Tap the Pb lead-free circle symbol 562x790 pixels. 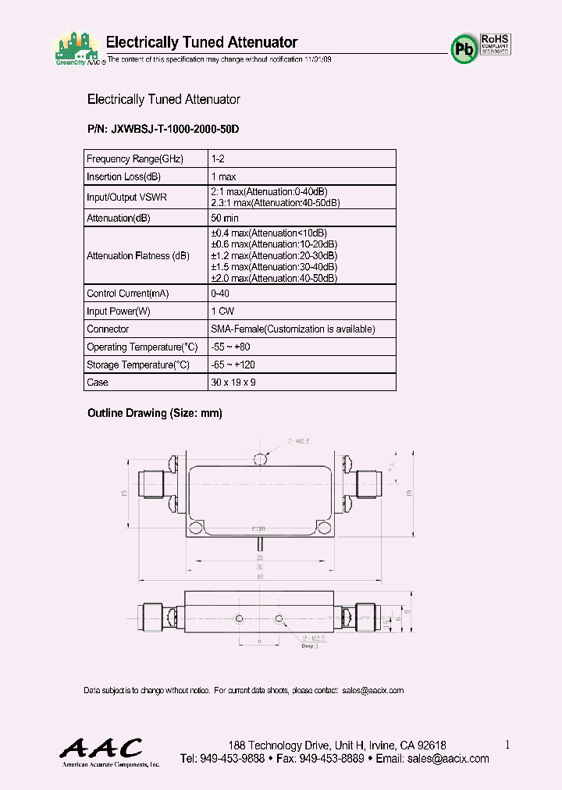463,48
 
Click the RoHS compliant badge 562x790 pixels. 495,44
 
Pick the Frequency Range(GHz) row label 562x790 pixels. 135,158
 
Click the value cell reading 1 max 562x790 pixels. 224,176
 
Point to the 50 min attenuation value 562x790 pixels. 226,218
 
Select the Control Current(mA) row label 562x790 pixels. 127,294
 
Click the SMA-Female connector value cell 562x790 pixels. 293,329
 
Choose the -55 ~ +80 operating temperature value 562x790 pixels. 230,347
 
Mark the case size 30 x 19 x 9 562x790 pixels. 233,383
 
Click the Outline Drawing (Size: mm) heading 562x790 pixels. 155,414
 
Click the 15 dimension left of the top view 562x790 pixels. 125,493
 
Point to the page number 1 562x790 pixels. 507,745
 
